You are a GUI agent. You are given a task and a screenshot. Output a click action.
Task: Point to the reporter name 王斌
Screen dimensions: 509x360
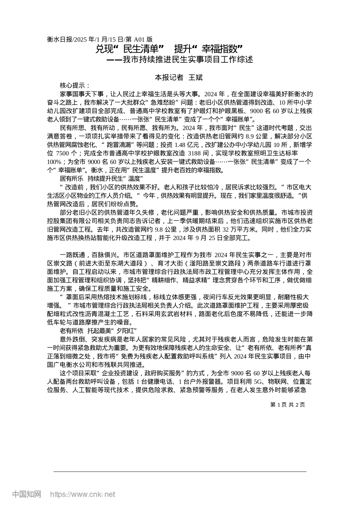[x=196, y=78]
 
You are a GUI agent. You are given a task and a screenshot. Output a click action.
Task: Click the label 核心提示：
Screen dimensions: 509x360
[x=75, y=86]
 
